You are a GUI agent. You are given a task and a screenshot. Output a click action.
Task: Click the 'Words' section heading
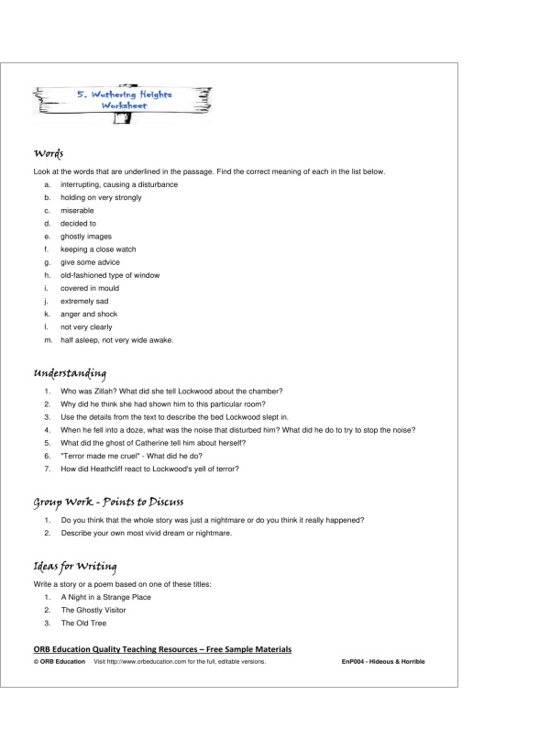tap(48, 152)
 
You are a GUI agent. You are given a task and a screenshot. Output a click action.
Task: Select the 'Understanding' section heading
tap(70, 373)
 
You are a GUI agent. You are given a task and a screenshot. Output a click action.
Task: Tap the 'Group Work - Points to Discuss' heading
tap(109, 502)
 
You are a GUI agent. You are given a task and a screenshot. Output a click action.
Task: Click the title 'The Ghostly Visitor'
tap(93, 610)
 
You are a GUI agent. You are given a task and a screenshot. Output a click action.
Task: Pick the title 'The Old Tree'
tap(83, 623)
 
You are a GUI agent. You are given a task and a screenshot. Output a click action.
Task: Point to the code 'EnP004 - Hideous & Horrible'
tap(382, 661)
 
